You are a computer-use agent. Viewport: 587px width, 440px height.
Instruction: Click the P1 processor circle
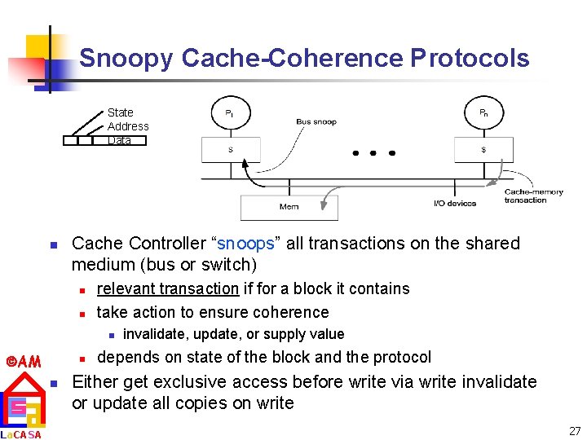[231, 113]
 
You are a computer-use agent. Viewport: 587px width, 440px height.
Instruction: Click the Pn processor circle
[483, 113]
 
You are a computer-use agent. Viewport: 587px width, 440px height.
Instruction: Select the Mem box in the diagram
[289, 207]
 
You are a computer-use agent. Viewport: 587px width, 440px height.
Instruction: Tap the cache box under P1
[232, 149]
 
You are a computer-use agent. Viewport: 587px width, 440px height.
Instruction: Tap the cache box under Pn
[483, 149]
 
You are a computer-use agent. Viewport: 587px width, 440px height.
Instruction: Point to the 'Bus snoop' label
[316, 122]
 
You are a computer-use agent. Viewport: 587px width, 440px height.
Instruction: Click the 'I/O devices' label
[455, 203]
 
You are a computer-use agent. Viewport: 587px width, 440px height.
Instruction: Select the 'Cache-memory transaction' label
[534, 196]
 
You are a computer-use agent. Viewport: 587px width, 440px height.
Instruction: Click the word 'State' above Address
[121, 112]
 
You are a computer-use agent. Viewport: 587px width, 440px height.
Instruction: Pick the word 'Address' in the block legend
[128, 126]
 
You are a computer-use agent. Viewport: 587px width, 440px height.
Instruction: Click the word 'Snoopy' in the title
[126, 59]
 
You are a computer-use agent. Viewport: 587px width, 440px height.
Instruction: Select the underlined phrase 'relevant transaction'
[167, 288]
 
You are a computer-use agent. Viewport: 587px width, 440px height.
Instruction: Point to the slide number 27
[574, 430]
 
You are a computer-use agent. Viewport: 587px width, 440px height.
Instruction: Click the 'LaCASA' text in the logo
[20, 434]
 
